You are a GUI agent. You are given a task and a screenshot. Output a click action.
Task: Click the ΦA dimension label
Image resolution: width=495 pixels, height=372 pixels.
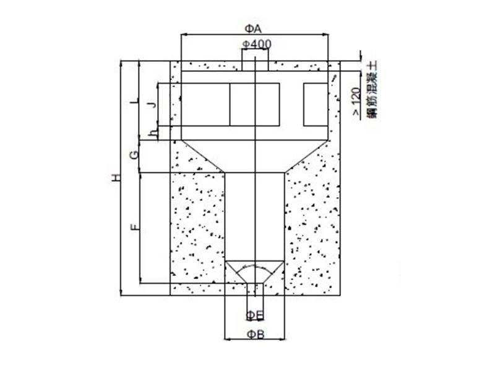tap(254, 29)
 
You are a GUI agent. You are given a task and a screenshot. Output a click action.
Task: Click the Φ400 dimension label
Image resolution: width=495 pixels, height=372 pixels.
tap(256, 44)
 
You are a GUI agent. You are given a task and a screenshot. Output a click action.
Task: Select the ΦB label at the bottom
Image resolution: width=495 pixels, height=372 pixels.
tap(256, 335)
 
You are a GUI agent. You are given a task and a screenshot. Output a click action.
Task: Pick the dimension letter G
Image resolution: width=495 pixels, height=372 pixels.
tap(134, 155)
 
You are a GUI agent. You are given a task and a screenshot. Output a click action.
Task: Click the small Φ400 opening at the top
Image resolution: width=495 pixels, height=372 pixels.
tap(255, 61)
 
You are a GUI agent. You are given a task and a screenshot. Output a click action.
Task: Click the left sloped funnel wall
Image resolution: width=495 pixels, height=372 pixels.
tap(202, 155)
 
